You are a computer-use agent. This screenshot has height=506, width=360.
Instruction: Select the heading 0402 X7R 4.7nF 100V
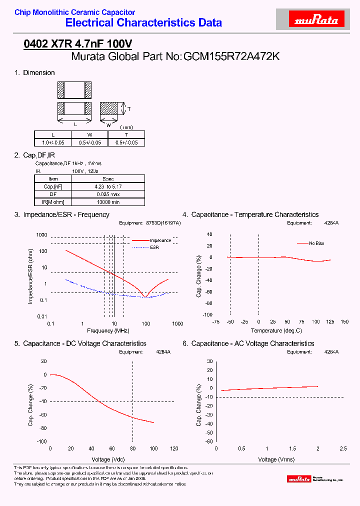(x=77, y=44)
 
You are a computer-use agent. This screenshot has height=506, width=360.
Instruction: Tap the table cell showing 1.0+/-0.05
(x=52, y=142)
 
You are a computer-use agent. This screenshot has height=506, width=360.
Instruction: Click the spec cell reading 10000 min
(x=108, y=201)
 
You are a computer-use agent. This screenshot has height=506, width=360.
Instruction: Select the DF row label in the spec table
(x=52, y=194)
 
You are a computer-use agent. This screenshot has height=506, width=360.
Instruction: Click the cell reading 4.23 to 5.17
(x=108, y=186)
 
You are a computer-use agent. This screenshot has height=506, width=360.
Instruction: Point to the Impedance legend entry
(x=160, y=240)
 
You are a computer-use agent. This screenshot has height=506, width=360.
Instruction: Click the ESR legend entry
(x=154, y=247)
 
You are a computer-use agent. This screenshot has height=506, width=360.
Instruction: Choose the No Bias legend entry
(x=316, y=243)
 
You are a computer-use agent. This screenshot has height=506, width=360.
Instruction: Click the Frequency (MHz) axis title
(x=107, y=331)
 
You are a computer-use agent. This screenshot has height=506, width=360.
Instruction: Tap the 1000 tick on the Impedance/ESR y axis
(x=41, y=235)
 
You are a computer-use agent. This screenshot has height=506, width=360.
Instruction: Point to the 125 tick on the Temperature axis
(x=330, y=322)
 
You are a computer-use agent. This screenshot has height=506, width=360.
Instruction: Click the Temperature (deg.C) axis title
(x=276, y=330)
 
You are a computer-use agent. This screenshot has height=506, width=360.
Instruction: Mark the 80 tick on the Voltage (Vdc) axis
(x=132, y=448)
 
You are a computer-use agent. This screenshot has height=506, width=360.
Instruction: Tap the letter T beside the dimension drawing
(x=128, y=108)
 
